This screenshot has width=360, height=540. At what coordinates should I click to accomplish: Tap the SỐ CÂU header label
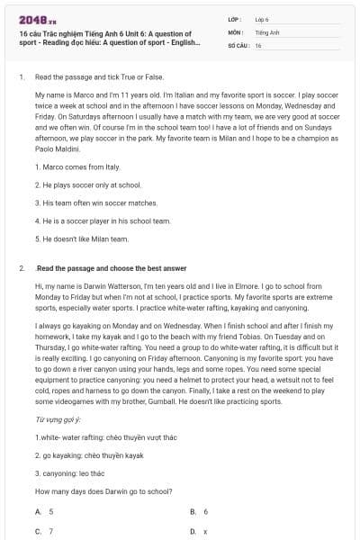coord(238,44)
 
